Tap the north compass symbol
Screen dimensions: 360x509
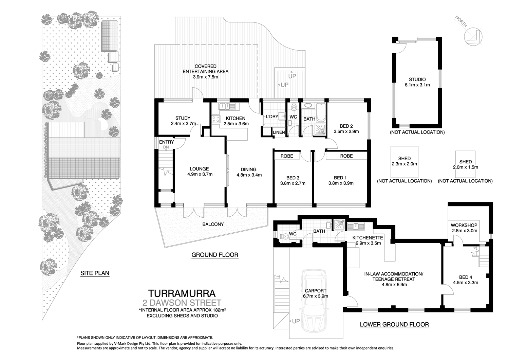click(473, 36)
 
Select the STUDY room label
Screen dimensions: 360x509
click(183, 119)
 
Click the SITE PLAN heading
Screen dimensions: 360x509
click(95, 273)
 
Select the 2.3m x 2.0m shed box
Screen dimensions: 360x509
click(404, 161)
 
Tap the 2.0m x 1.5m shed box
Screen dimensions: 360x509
click(466, 164)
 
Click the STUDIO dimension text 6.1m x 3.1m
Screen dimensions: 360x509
click(417, 85)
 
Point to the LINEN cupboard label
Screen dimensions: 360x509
click(279, 132)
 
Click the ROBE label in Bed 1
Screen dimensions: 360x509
click(346, 156)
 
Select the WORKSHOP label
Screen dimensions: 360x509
click(464, 225)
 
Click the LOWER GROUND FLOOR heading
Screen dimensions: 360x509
click(394, 324)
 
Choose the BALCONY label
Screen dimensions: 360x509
click(213, 224)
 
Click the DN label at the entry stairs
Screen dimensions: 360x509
click(166, 147)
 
